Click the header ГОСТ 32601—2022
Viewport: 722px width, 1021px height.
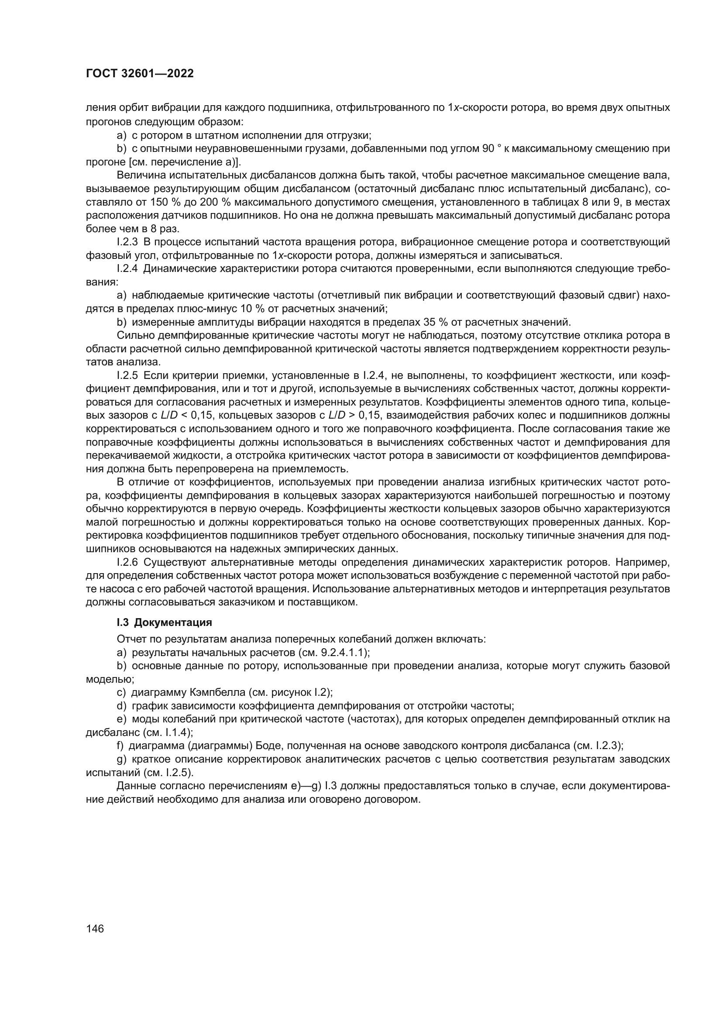pos(140,74)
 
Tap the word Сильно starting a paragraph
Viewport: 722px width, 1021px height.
pos(131,335)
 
